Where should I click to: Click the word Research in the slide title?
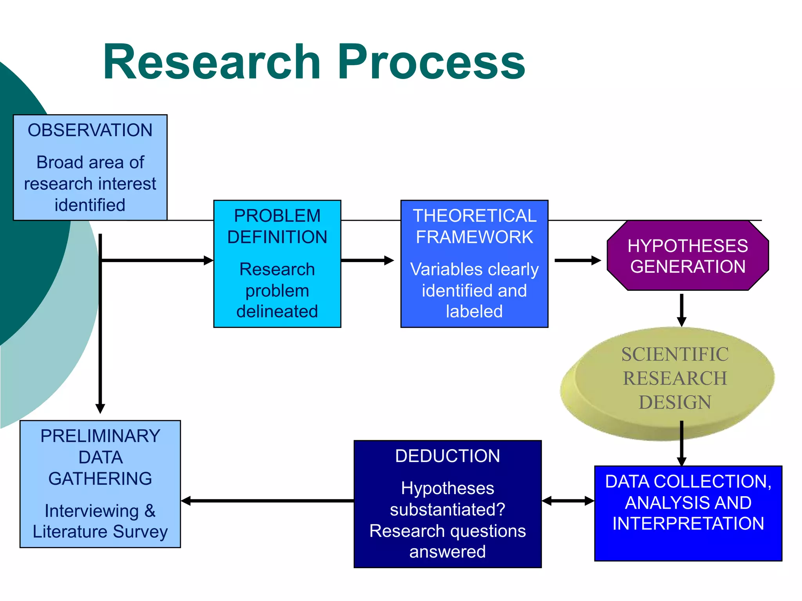tap(211, 63)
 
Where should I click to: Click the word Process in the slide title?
tap(431, 63)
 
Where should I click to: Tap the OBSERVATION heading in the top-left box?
tap(90, 130)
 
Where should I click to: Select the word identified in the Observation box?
tap(90, 205)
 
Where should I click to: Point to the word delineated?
tap(277, 311)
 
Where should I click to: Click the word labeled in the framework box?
tap(474, 311)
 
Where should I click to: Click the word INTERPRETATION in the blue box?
tap(688, 524)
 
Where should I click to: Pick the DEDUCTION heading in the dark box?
tap(448, 456)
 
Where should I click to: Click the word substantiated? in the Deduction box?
tap(448, 509)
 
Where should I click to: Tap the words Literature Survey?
tap(100, 531)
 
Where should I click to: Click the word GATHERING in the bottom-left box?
tap(100, 479)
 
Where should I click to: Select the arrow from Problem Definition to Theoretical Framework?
tap(367, 261)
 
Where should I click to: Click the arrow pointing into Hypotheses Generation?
tap(578, 261)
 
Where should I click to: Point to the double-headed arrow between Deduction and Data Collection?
tap(568, 501)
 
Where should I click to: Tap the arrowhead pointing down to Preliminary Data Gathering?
tap(100, 408)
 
